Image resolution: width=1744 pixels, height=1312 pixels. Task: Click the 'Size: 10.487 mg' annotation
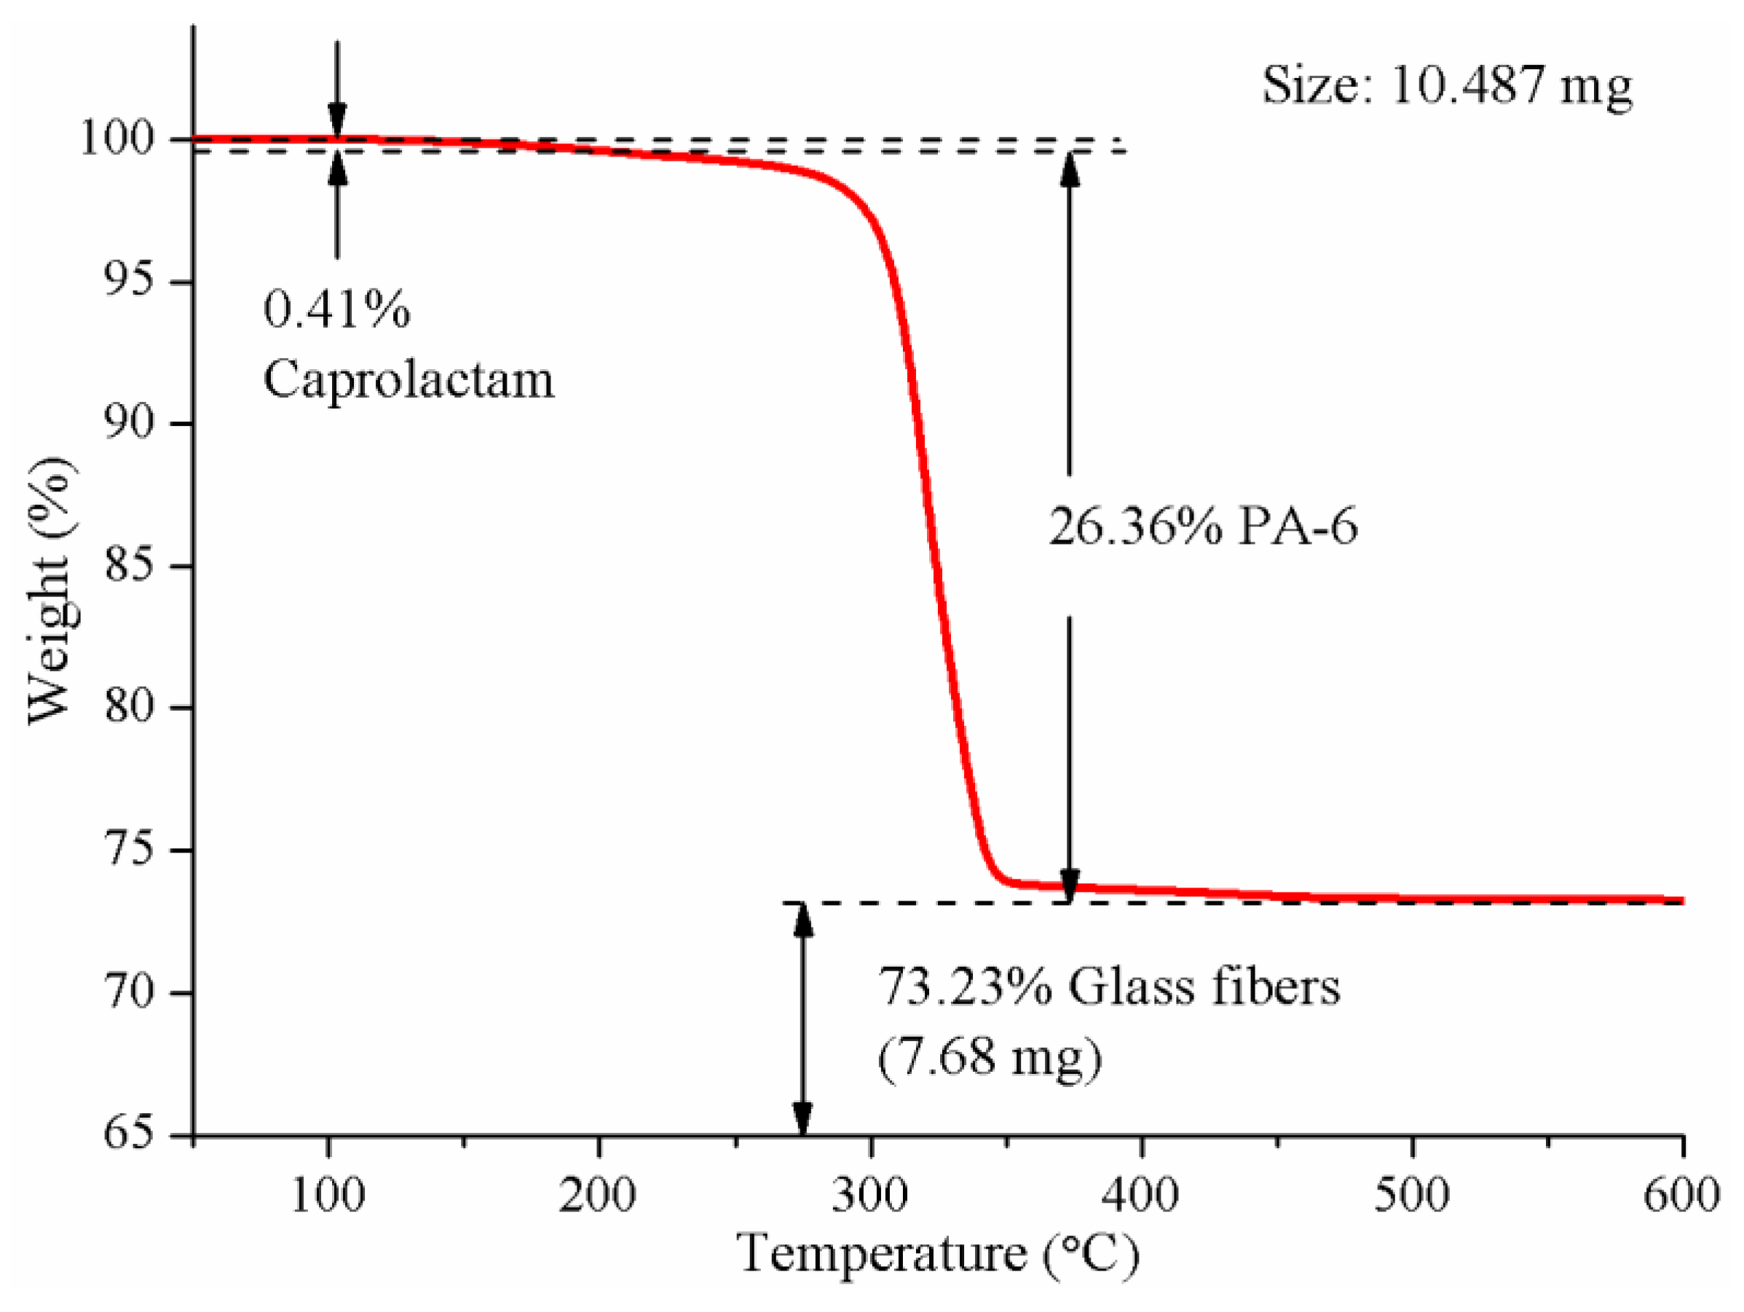pos(1447,85)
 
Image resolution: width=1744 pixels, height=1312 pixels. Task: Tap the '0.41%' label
pos(336,309)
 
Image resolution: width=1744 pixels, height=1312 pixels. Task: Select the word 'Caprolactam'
pos(409,380)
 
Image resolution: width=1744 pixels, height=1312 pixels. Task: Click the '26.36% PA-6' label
pos(1203,526)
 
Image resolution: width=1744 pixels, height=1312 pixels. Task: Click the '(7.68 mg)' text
pos(990,1056)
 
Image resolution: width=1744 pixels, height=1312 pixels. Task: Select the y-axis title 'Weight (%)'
pos(52,590)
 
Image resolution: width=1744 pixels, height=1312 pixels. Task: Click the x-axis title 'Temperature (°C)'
pos(938,1254)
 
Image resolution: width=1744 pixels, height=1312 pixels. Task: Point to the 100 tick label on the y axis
pos(117,139)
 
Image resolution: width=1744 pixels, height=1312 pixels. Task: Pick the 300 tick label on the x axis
pos(870,1196)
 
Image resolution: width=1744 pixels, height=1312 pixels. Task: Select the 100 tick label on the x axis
pos(328,1196)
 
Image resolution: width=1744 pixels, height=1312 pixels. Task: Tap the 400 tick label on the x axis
pos(1141,1196)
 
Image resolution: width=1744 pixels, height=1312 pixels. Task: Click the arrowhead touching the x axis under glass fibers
pos(802,1120)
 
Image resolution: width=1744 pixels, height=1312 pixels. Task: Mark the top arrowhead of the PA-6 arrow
pos(1069,167)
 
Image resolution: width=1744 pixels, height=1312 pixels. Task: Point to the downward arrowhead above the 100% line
pos(337,125)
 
